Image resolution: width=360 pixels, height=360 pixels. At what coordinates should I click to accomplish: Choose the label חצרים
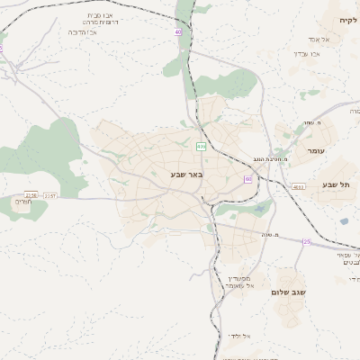point(24,202)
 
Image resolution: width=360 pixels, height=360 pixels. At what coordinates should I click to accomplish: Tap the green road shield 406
point(201,146)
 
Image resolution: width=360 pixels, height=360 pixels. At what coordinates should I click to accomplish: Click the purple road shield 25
point(306,241)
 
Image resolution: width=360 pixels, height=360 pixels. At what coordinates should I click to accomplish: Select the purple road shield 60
point(247,179)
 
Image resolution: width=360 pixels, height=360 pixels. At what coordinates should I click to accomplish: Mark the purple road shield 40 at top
point(178,31)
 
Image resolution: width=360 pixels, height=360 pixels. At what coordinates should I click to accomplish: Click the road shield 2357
point(49,194)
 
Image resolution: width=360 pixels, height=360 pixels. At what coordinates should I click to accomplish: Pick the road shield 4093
point(299,187)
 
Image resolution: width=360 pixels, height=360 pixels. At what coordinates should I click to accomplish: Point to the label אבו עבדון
point(307,54)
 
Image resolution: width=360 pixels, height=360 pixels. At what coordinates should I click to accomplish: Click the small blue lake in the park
point(260,208)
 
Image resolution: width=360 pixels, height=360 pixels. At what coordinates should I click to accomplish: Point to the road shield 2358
point(31,194)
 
